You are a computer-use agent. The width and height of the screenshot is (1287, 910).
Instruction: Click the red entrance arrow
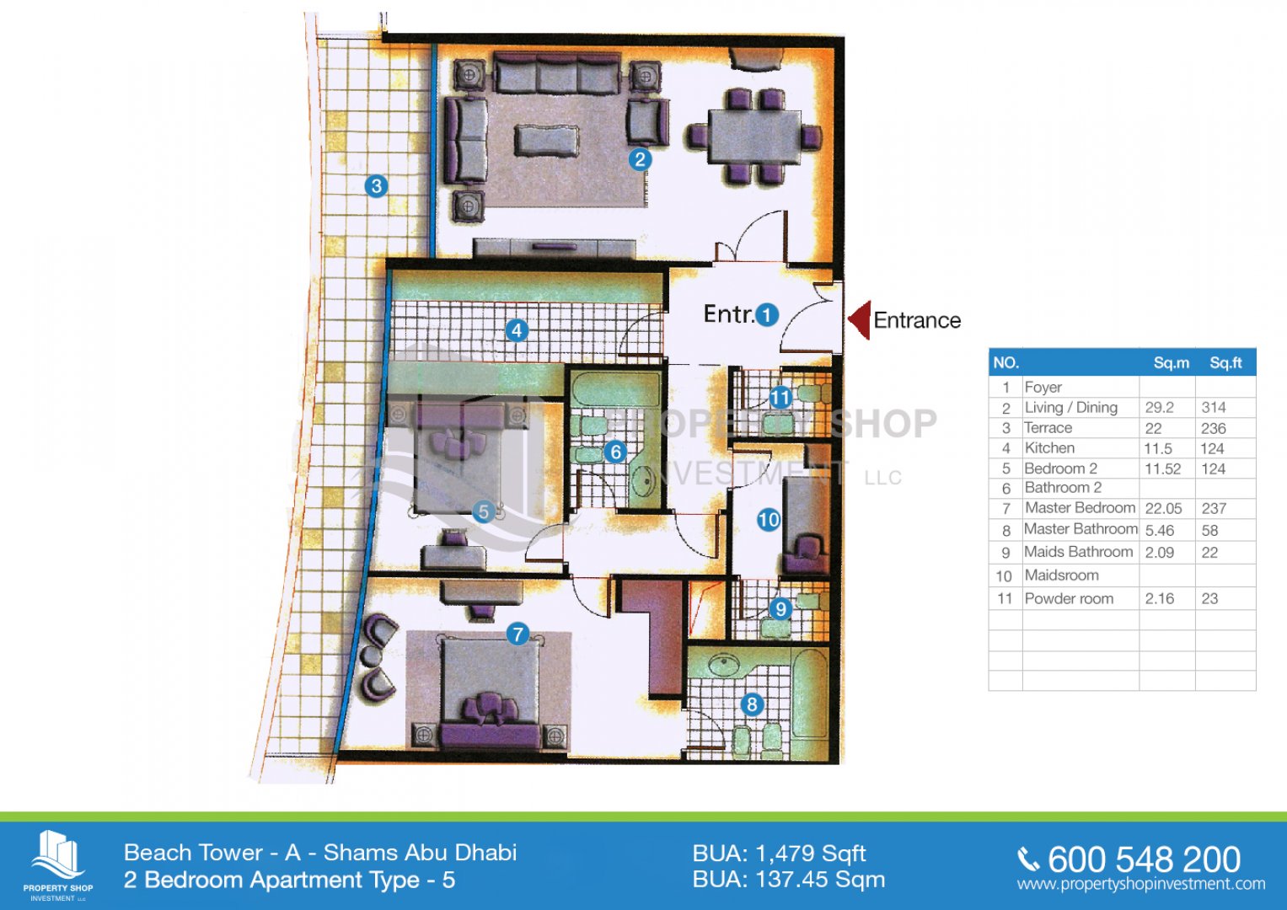[861, 320]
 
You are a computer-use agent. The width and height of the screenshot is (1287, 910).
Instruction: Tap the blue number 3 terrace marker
[377, 185]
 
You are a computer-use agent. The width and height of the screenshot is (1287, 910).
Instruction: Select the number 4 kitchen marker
[517, 330]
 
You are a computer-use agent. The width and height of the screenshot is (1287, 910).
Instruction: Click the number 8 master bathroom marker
[752, 704]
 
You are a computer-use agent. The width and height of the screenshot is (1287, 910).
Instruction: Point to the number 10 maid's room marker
[768, 521]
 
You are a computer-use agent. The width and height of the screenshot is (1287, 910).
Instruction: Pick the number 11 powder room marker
[780, 397]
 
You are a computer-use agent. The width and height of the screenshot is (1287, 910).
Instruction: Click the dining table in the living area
[754, 136]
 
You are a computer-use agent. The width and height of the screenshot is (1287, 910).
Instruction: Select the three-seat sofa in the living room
[557, 73]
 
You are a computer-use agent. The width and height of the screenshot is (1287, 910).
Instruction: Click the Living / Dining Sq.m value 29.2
[1159, 407]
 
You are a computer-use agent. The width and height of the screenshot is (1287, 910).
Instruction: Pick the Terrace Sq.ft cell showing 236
[1214, 428]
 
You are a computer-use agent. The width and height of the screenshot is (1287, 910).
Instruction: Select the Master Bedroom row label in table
[1081, 508]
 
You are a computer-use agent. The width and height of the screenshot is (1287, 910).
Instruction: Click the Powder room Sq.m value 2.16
[1160, 598]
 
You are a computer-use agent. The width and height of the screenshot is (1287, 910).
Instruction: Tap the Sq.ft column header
[1225, 363]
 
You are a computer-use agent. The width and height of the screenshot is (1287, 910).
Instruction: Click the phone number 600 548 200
[1144, 859]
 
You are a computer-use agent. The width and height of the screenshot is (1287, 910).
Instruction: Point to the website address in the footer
[1141, 884]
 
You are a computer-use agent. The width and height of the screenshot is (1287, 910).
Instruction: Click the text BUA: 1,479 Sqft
[779, 854]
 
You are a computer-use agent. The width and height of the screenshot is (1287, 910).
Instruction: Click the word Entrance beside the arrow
[917, 320]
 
